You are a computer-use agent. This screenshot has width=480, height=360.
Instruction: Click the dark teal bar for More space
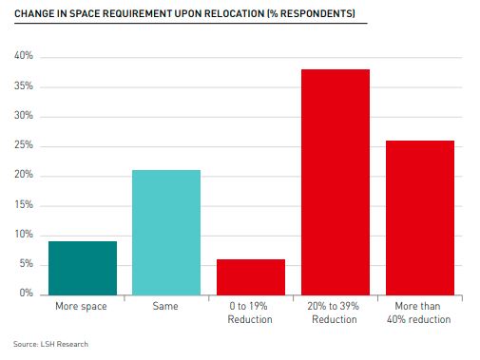(83, 268)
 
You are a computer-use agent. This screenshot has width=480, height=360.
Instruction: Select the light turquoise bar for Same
(166, 233)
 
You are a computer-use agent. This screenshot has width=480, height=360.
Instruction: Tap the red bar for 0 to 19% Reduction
(251, 276)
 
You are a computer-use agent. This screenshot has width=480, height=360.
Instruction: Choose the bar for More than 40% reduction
(419, 218)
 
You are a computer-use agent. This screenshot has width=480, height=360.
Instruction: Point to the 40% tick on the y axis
(24, 57)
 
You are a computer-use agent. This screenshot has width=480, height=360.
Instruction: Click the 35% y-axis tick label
(24, 86)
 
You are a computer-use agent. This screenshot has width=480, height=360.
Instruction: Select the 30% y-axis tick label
(24, 116)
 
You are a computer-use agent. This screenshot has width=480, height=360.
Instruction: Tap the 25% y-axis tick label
(24, 145)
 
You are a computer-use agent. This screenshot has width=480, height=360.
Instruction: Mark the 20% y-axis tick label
(24, 176)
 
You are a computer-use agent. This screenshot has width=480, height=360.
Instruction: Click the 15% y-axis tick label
(24, 205)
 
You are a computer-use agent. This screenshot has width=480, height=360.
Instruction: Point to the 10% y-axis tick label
(24, 235)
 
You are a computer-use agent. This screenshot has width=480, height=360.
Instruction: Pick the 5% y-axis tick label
(26, 264)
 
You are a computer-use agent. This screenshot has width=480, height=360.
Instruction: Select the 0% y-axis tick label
(26, 294)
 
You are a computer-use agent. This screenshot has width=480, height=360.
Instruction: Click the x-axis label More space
(83, 308)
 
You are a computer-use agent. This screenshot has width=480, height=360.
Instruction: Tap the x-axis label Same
(166, 308)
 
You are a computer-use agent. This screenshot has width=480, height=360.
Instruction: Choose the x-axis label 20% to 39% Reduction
(336, 313)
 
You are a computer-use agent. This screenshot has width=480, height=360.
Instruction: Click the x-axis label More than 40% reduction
(419, 313)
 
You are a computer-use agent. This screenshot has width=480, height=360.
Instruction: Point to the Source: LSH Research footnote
(50, 344)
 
